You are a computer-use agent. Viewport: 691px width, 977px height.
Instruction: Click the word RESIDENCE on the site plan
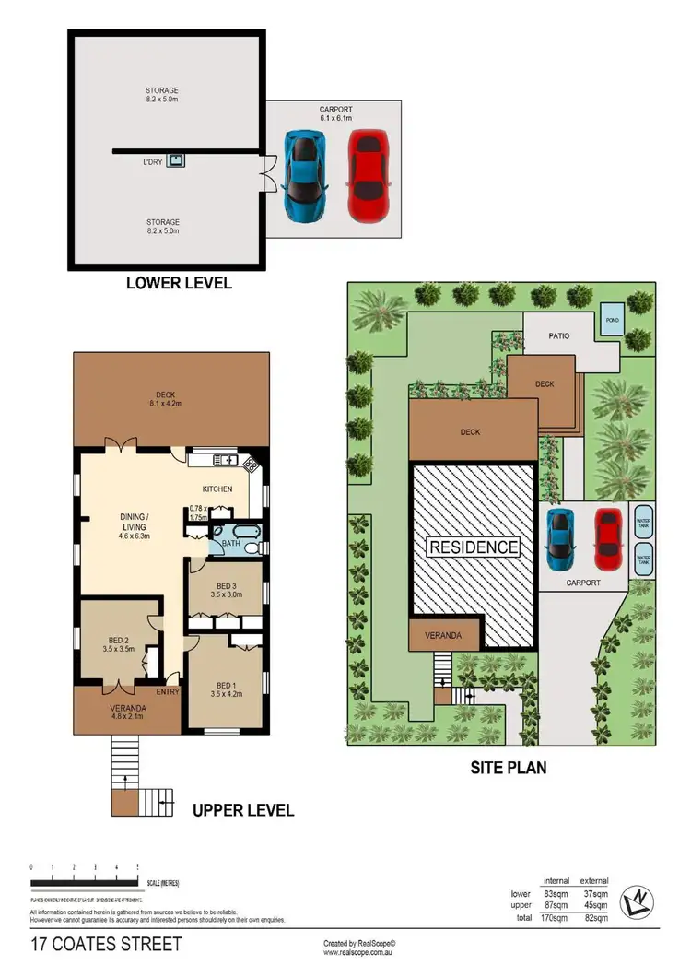click(473, 547)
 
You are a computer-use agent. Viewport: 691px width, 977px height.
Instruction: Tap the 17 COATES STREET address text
click(106, 945)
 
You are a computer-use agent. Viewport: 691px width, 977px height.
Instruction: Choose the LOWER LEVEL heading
click(179, 283)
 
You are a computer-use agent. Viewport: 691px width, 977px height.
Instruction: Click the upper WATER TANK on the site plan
click(641, 522)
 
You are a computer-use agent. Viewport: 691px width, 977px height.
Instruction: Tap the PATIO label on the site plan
click(559, 336)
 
